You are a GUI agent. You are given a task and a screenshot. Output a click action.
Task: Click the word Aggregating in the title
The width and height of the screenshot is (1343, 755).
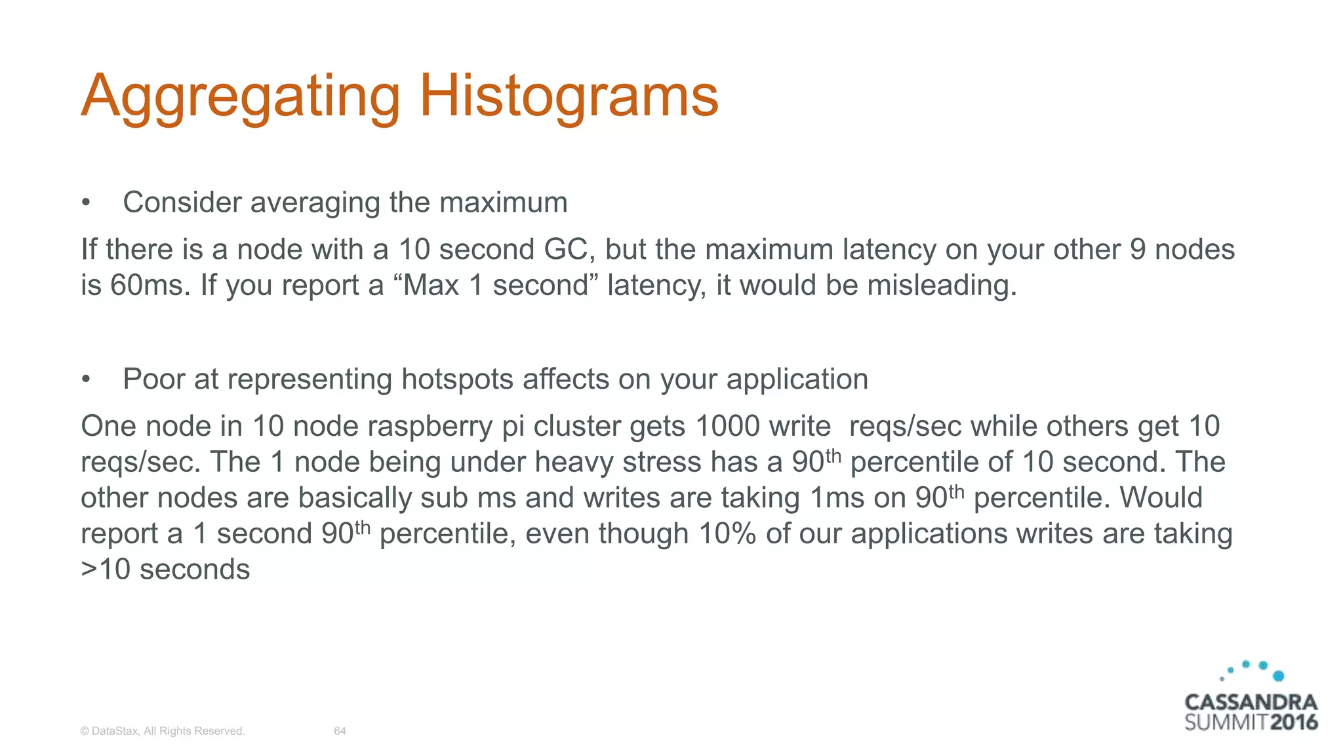pos(240,96)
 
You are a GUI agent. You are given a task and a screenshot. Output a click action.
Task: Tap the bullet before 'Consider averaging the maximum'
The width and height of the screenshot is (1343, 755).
pos(85,203)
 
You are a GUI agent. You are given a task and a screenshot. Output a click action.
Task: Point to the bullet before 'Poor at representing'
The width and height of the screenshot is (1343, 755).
pos(85,379)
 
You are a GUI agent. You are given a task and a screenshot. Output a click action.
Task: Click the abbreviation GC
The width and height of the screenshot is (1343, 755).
pos(567,250)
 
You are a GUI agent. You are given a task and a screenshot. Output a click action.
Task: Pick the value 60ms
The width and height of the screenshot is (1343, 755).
pos(148,286)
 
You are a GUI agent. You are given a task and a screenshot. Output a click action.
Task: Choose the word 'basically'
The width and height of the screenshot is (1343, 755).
pos(355,498)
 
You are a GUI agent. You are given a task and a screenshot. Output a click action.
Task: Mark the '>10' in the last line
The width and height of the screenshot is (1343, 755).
pos(106,570)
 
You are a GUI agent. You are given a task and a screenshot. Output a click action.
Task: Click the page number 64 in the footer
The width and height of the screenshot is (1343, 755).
pos(340,731)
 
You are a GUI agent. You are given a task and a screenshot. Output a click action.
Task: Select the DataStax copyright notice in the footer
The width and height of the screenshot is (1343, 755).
pos(162,731)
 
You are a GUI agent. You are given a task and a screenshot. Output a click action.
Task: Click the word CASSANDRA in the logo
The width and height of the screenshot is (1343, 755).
pos(1251,702)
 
